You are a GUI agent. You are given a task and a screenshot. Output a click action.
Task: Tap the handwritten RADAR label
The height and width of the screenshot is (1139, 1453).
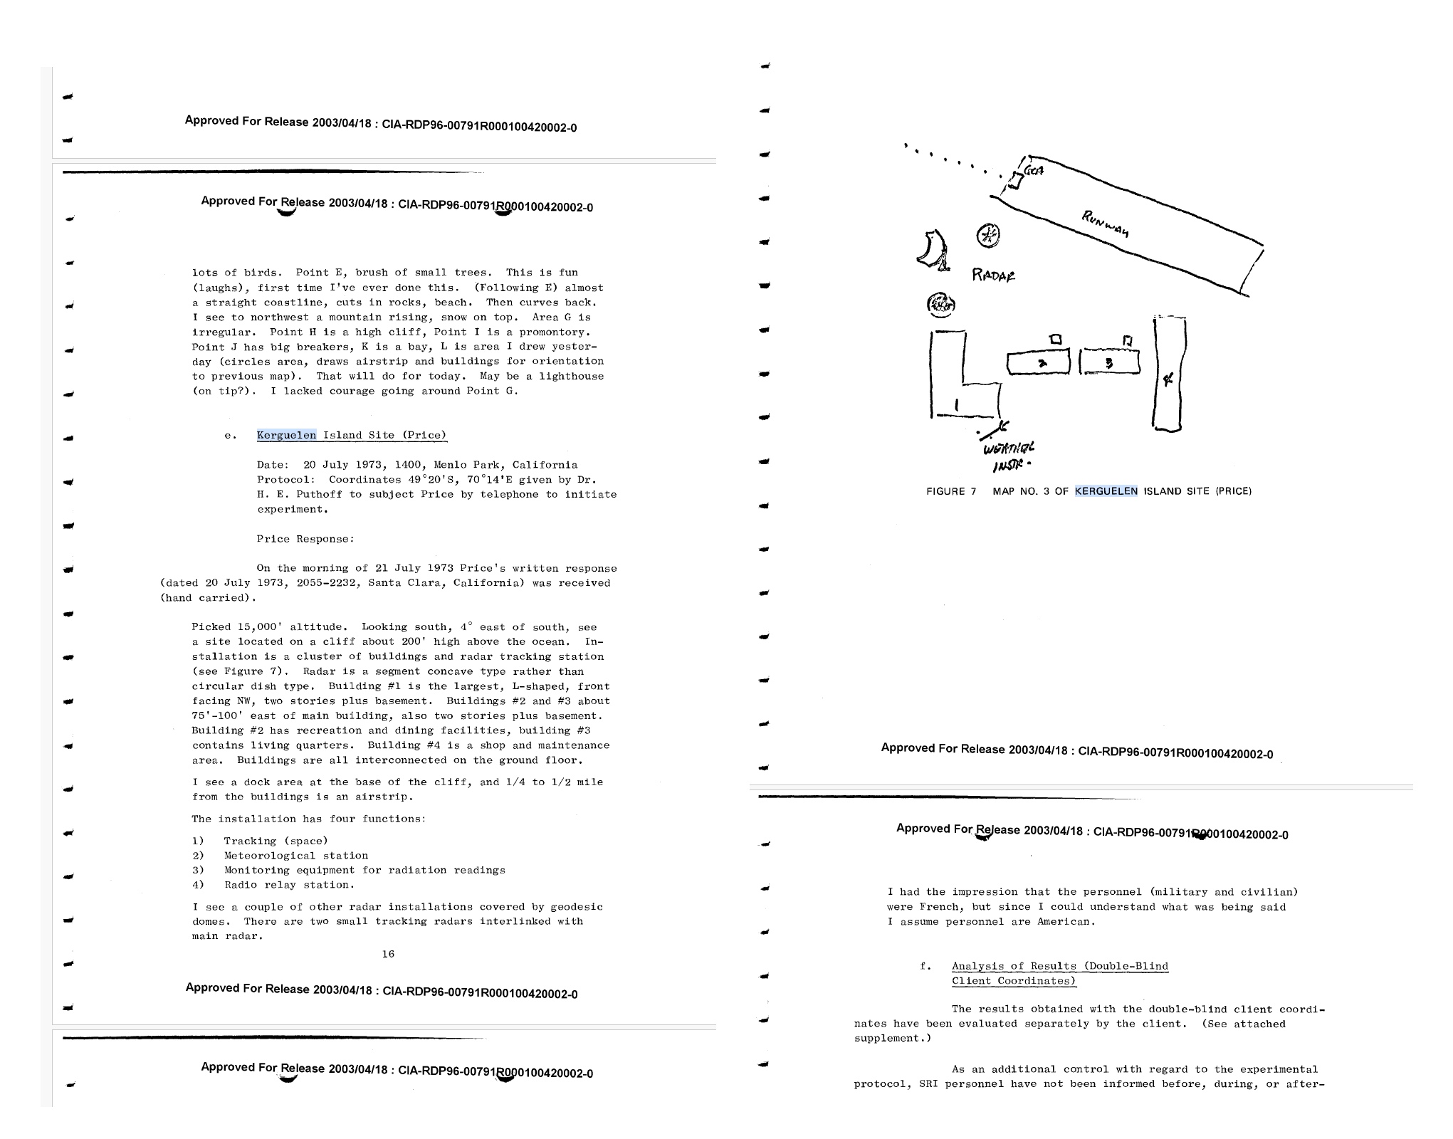tap(994, 275)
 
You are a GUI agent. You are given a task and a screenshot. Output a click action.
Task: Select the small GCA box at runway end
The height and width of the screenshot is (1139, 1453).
tap(1014, 182)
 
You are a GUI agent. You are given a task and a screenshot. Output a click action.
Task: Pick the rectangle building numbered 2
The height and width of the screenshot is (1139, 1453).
tap(1039, 363)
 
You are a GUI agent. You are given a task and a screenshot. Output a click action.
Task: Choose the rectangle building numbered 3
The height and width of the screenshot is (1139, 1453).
tap(1109, 362)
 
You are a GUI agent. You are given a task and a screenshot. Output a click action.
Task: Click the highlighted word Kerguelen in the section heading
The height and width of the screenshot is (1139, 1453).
tap(286, 436)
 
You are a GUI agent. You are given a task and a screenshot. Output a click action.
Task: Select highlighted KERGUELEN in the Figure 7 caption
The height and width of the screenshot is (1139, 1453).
tap(1106, 491)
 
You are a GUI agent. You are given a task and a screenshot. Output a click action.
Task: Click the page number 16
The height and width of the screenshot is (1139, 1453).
tap(388, 954)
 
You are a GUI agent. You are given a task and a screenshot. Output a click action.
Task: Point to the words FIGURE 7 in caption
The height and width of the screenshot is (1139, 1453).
tap(950, 491)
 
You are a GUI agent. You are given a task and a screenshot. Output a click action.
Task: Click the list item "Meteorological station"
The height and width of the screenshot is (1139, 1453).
tap(295, 856)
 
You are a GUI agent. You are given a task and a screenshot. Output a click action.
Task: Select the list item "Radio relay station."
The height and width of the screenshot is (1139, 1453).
tap(289, 885)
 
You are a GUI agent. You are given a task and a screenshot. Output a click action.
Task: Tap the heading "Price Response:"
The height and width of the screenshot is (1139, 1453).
tap(305, 539)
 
